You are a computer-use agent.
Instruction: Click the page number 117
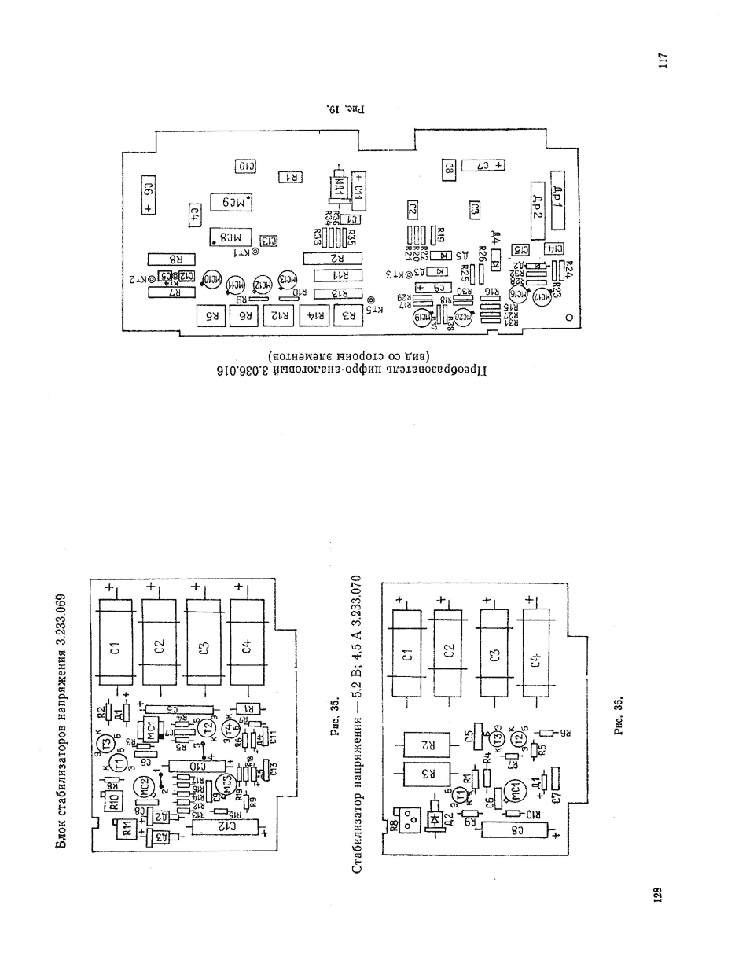point(663,61)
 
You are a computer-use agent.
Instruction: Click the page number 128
point(659,895)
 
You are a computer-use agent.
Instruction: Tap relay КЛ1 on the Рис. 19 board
point(338,189)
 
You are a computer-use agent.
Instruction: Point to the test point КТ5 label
point(377,309)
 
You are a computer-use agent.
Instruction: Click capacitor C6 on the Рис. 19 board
point(148,194)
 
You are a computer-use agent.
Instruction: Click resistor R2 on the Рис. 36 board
point(426,743)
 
